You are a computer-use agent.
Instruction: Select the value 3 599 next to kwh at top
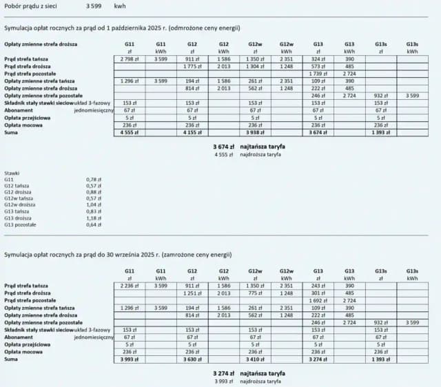(96, 6)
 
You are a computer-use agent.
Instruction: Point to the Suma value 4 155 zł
(192, 132)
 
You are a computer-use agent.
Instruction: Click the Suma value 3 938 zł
(255, 132)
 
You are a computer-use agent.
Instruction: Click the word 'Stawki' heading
(12, 172)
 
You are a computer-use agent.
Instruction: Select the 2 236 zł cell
(130, 285)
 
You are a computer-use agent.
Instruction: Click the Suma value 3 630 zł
(192, 359)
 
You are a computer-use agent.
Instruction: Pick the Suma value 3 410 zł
(255, 359)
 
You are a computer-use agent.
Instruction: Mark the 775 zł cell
(255, 293)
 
